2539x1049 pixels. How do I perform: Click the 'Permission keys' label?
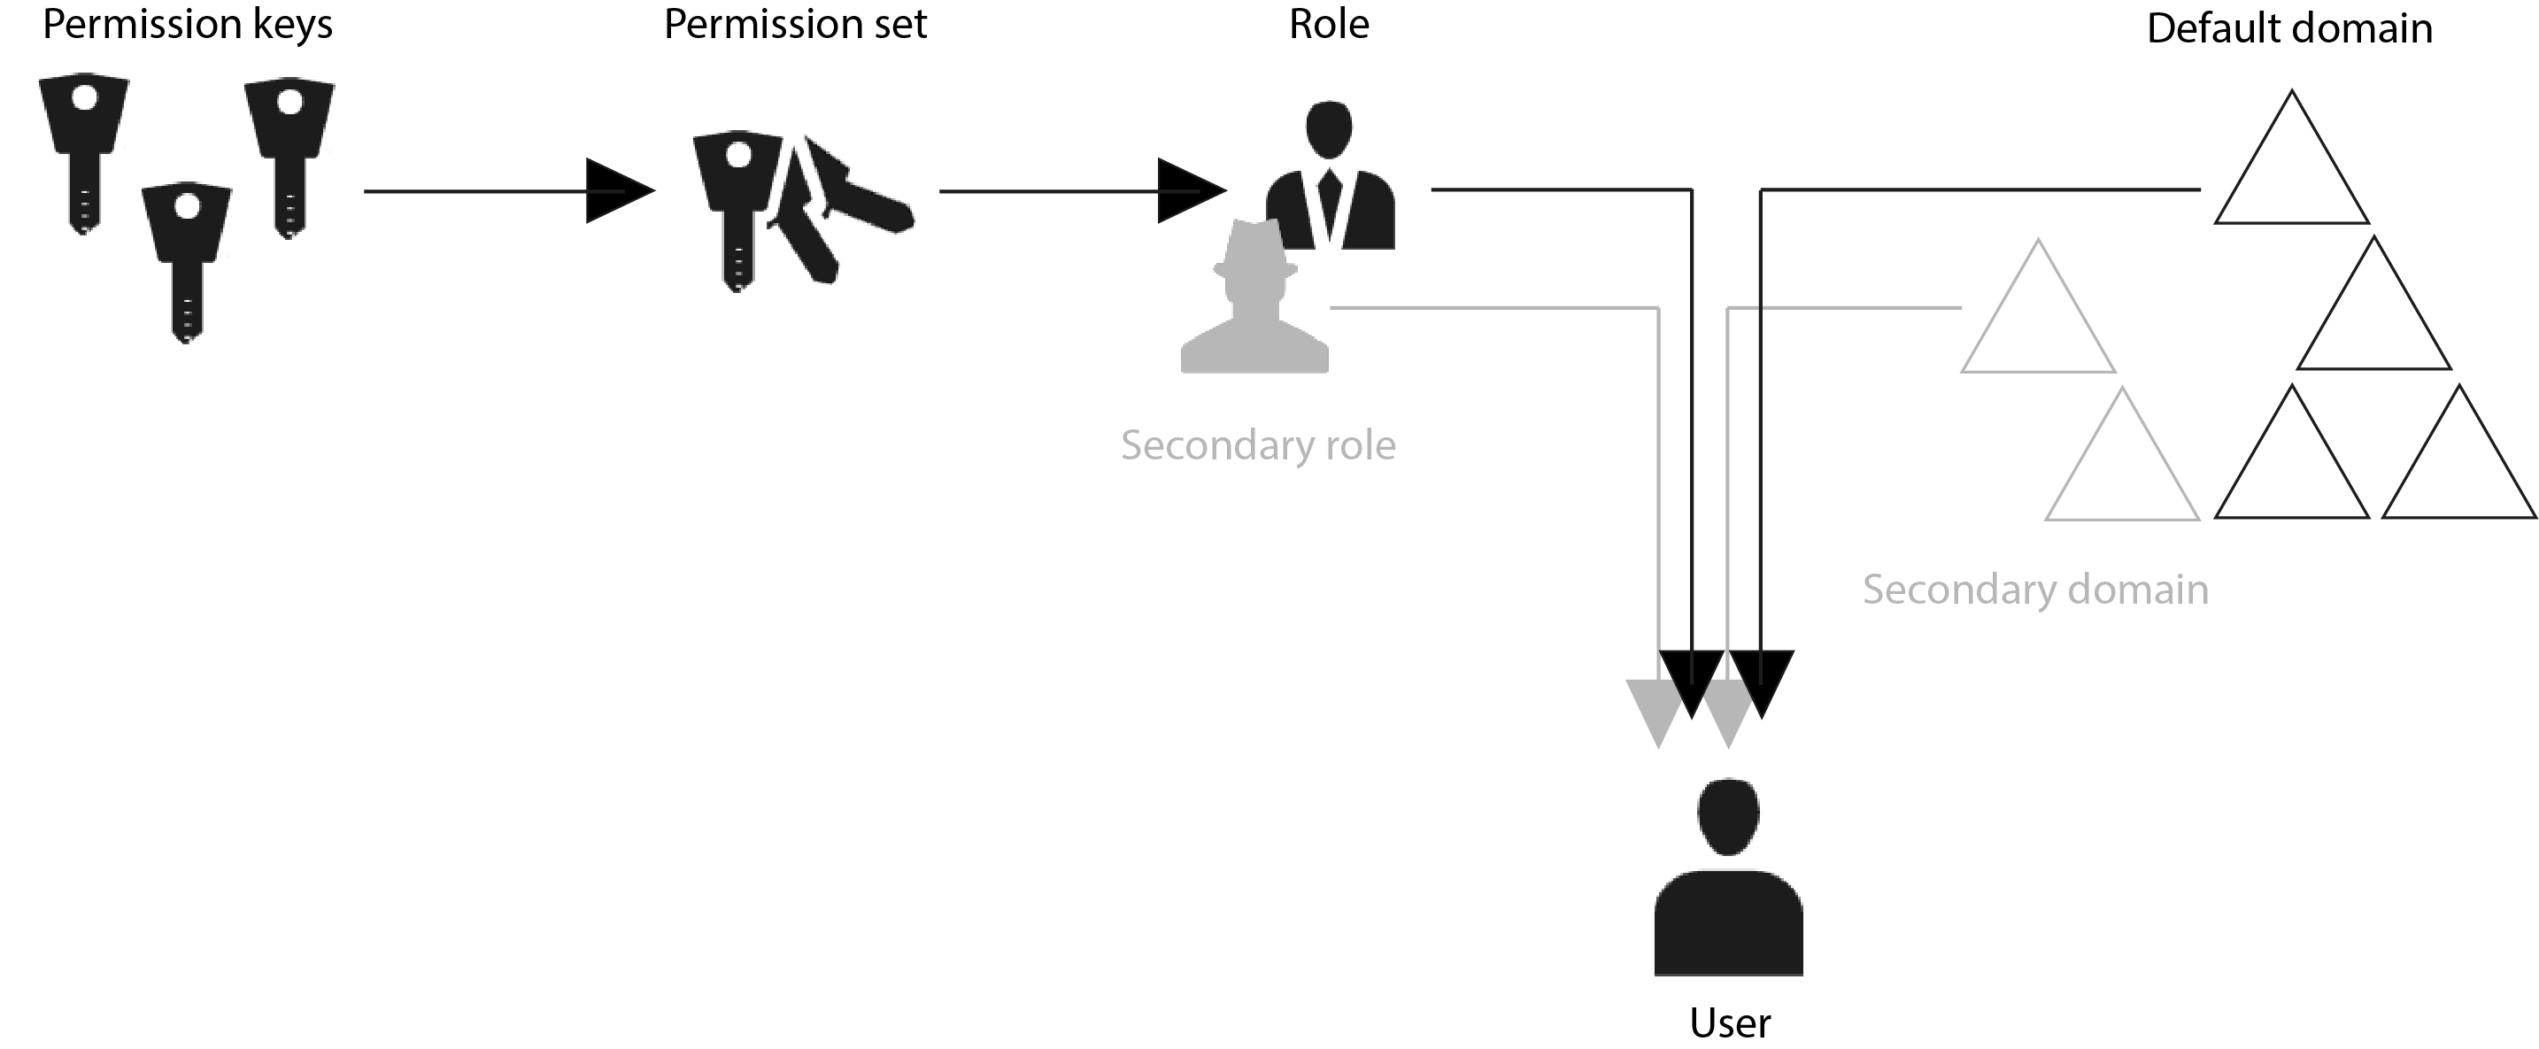pos(188,26)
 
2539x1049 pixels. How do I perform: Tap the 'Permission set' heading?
pos(794,26)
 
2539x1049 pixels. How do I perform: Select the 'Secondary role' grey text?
pos(1258,445)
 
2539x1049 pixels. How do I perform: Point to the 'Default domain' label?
pos(2288,29)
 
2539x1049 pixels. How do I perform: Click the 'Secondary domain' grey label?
pos(2034,590)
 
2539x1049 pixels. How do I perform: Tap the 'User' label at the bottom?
pos(1730,1023)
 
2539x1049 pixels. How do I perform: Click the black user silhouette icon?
pos(1728,877)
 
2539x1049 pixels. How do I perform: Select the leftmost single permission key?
pos(84,148)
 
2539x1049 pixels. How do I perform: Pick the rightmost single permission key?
pos(289,153)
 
